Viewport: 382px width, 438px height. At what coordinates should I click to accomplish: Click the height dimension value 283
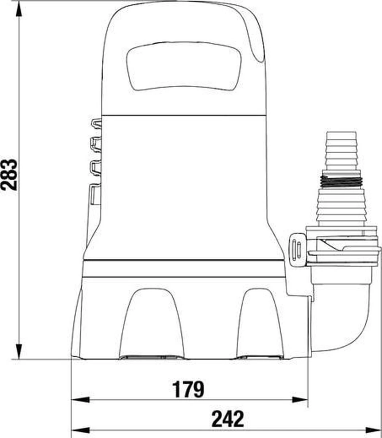point(9,175)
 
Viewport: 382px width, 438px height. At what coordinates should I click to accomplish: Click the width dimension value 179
point(188,389)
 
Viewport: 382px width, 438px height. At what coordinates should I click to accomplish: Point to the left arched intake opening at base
point(151,323)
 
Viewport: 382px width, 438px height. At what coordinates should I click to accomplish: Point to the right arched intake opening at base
point(260,323)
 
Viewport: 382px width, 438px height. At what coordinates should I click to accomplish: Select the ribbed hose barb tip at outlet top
point(341,151)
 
